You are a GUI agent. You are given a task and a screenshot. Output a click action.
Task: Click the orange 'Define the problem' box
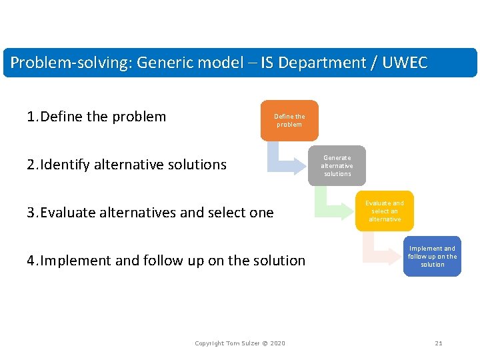coord(289,121)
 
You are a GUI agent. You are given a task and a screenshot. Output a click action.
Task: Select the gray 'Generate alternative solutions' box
coord(337,166)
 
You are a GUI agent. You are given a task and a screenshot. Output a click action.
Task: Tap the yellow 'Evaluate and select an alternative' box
coord(384,211)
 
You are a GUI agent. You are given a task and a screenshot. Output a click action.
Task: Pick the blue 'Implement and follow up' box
coord(432,257)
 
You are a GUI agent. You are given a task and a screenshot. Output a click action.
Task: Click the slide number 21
coord(438,343)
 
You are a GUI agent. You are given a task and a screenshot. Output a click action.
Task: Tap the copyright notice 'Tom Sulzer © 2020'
coord(240,343)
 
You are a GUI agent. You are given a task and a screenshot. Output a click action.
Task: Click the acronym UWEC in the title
coord(404,63)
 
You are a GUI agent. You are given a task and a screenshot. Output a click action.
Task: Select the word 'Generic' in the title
coord(163,63)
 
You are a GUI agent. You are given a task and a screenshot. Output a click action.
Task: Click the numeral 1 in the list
coord(31,117)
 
